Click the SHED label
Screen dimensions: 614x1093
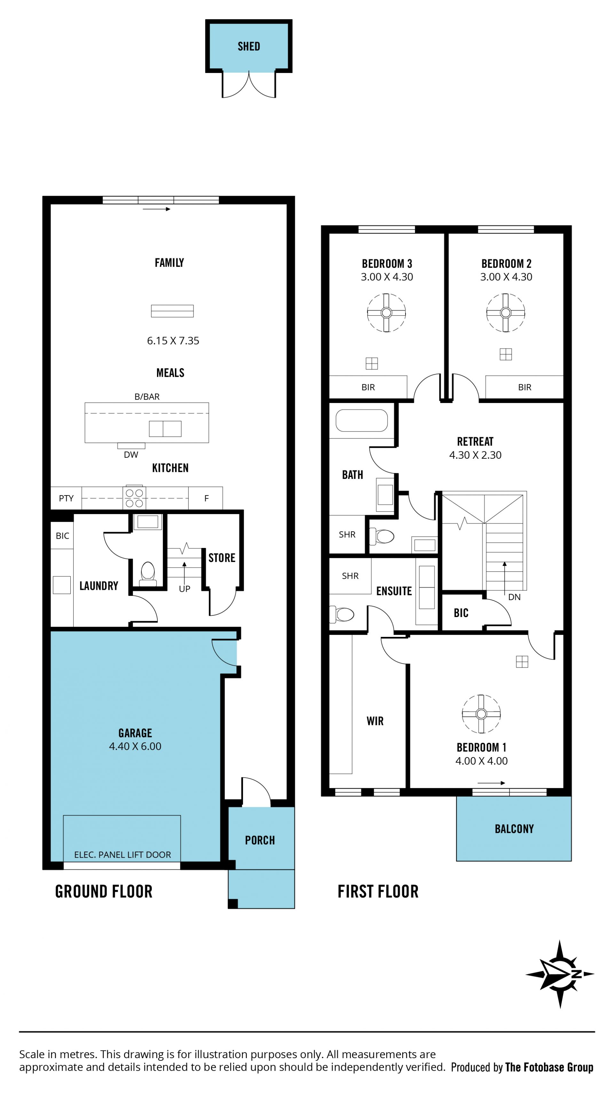pyautogui.click(x=249, y=46)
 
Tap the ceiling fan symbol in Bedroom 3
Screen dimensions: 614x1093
pyautogui.click(x=386, y=313)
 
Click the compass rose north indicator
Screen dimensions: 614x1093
pyautogui.click(x=560, y=974)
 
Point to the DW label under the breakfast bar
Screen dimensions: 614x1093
pyautogui.click(x=131, y=455)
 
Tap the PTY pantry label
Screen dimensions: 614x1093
pyautogui.click(x=66, y=498)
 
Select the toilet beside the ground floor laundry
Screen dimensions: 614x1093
pyautogui.click(x=148, y=573)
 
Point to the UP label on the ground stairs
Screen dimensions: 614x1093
pyautogui.click(x=185, y=589)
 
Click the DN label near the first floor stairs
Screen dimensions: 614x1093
pyautogui.click(x=514, y=597)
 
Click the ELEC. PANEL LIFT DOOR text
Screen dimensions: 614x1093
pyautogui.click(x=122, y=855)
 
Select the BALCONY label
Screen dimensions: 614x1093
pyautogui.click(x=514, y=829)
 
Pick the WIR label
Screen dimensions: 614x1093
pyautogui.click(x=375, y=721)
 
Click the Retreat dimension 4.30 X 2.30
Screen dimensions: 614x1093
pyautogui.click(x=475, y=455)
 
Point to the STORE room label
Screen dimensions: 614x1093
pyautogui.click(x=222, y=558)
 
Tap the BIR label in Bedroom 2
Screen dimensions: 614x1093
pyautogui.click(x=525, y=387)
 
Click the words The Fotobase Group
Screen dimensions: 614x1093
pyautogui.click(x=549, y=1067)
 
